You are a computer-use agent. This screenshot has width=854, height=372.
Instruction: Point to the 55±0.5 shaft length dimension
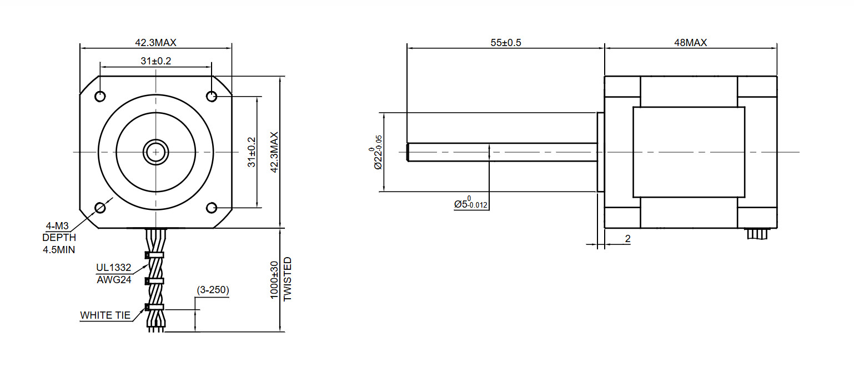coord(505,43)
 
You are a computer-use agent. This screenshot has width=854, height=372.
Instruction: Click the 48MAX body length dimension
coord(690,43)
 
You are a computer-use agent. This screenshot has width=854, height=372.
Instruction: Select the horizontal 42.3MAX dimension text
coord(155,43)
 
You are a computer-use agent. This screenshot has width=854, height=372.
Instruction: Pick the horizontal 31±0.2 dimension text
coord(155,61)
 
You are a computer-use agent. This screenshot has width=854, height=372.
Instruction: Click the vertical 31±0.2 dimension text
coord(252,152)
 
